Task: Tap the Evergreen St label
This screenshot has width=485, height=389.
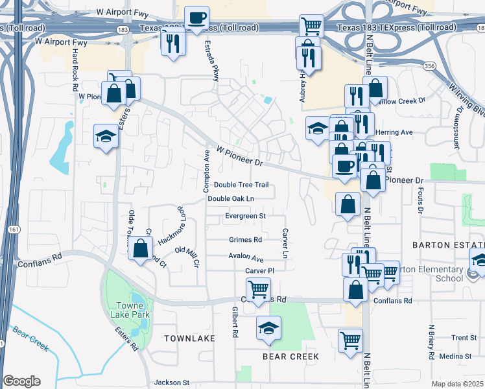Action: (x=246, y=215)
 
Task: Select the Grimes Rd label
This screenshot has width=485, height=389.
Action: (x=245, y=239)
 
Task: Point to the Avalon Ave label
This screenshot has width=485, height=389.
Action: (x=246, y=257)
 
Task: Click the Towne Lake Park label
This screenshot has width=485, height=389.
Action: (x=133, y=310)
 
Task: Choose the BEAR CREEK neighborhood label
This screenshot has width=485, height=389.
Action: (x=290, y=357)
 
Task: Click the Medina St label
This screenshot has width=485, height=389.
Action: (x=455, y=356)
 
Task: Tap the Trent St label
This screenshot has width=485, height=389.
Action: (x=464, y=338)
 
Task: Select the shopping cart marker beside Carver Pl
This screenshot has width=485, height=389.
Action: (x=258, y=289)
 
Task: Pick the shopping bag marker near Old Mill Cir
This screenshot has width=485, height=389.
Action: (x=141, y=248)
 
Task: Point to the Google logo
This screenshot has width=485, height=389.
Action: (x=21, y=381)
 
